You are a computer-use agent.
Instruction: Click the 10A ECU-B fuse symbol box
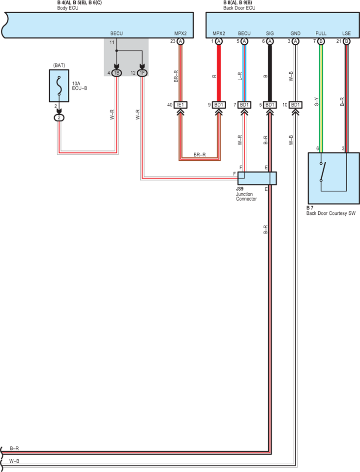[59, 86]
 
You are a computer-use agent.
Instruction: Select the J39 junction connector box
[257, 178]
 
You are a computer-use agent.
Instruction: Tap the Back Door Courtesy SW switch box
[334, 178]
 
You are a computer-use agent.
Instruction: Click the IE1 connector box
[180, 105]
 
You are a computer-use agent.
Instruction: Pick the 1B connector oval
[117, 73]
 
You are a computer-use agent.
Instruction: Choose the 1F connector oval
[142, 73]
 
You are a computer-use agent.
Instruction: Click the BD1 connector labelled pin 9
[219, 105]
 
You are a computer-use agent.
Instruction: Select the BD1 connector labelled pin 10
[295, 105]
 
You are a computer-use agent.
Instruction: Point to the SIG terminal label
[270, 33]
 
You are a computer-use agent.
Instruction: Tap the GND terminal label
[295, 33]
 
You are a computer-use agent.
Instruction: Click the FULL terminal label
[321, 33]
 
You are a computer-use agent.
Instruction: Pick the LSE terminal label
[346, 33]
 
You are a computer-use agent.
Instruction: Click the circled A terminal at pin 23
[180, 41]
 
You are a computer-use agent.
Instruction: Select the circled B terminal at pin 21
[346, 41]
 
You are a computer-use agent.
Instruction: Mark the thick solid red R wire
[219, 73]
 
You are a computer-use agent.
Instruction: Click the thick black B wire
[270, 73]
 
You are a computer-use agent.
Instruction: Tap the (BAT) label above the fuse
[59, 65]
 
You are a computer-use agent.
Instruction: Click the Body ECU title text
[68, 8]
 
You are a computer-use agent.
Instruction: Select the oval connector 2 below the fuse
[59, 118]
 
